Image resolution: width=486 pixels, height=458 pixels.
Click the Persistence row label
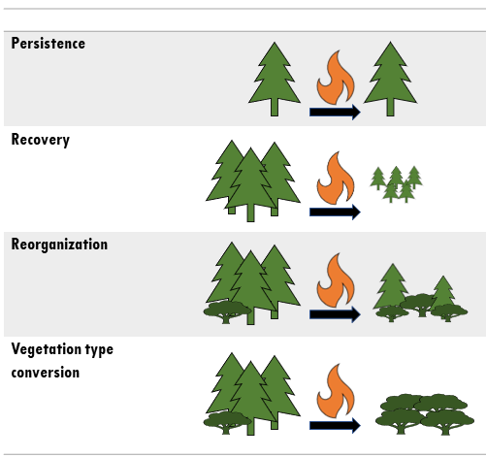(x=48, y=44)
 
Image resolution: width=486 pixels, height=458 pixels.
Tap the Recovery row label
(x=40, y=140)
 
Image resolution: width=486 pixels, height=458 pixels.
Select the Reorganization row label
(x=59, y=244)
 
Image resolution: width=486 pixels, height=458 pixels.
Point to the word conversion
(x=45, y=372)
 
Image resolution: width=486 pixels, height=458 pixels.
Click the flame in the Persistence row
(x=337, y=79)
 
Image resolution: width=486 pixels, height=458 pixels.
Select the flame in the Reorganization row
(x=337, y=281)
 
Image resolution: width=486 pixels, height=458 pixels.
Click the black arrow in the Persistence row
(x=335, y=112)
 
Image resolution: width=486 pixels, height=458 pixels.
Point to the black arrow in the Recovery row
(x=335, y=212)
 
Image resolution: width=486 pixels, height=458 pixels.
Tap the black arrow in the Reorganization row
(x=335, y=314)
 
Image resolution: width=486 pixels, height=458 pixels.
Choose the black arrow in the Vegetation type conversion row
(x=335, y=423)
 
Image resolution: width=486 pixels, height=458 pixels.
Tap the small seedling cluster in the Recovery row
(x=396, y=182)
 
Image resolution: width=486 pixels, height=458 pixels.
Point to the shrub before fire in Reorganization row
(x=227, y=311)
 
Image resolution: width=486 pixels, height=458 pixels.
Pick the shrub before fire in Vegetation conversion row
(x=227, y=420)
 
